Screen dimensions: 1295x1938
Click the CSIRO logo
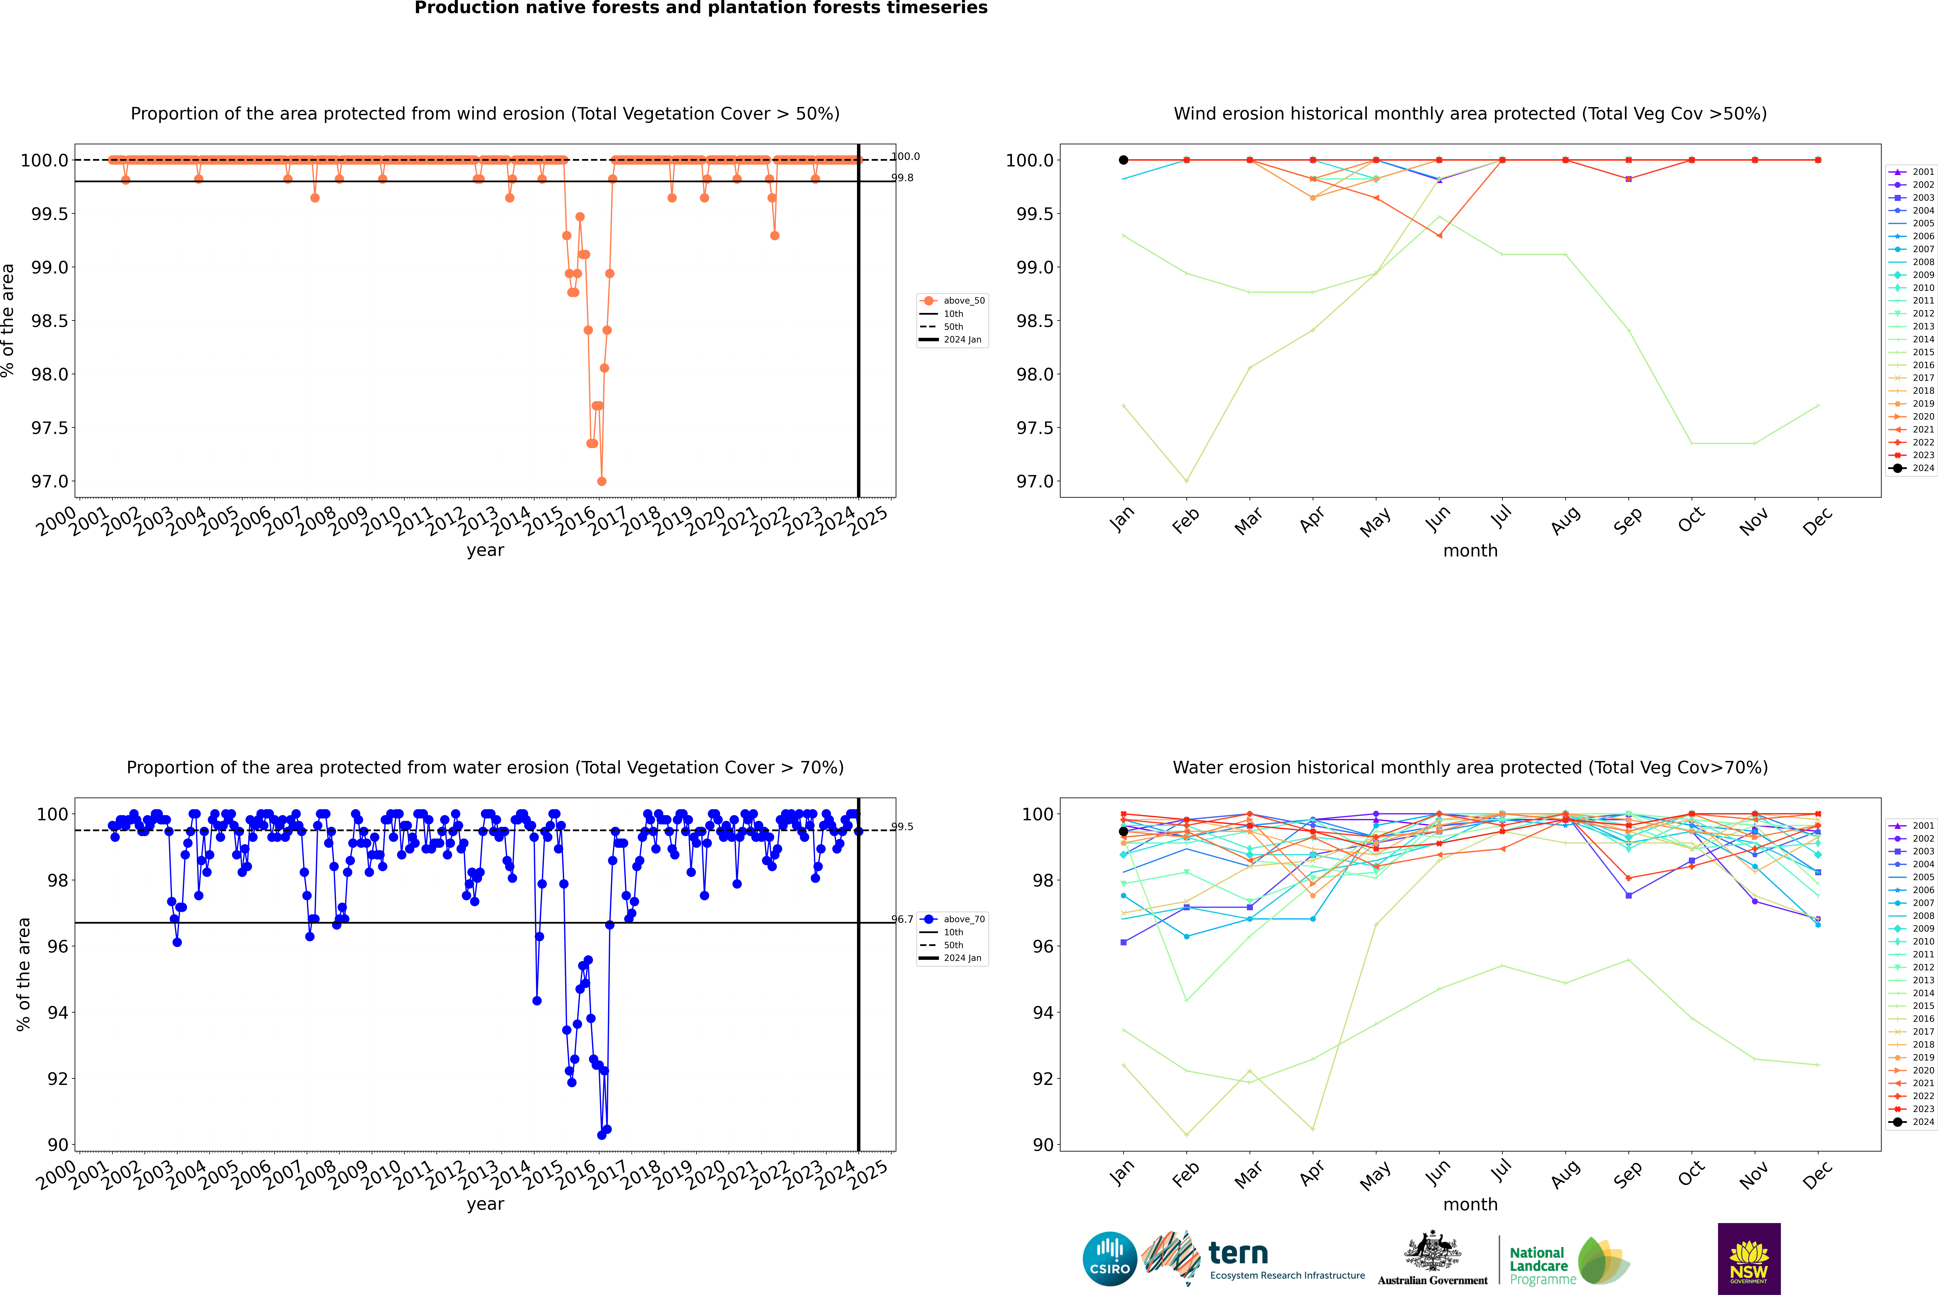[1110, 1259]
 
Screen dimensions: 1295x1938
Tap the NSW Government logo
[1749, 1259]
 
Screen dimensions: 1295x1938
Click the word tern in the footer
[1237, 1253]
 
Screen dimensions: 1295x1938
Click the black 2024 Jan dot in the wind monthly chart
[1123, 160]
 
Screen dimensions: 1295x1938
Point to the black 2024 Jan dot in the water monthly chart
[1123, 832]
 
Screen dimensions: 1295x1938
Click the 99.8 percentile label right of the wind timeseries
[902, 178]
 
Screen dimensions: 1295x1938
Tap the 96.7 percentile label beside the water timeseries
[902, 919]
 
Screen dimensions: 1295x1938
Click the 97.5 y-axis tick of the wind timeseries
[50, 428]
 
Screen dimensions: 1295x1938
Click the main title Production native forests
[701, 8]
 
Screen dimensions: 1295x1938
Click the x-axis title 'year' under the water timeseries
[485, 1204]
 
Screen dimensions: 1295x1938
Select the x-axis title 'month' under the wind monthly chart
[1470, 551]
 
